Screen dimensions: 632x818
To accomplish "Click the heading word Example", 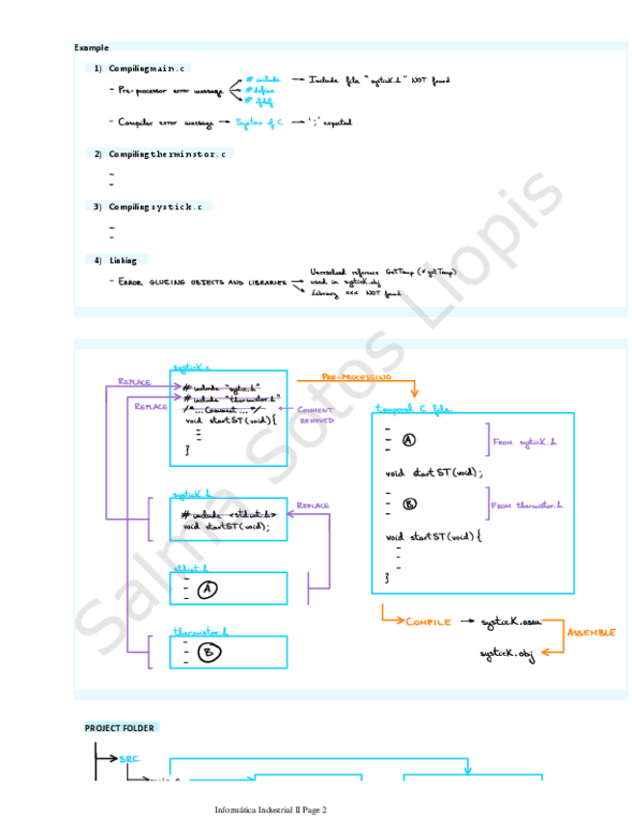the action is pyautogui.click(x=92, y=47).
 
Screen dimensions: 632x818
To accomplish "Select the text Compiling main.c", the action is pyautogui.click(x=149, y=68).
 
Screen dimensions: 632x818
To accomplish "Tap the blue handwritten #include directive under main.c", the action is pyautogui.click(x=263, y=79).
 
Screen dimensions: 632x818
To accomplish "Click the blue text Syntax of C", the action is pyautogui.click(x=261, y=123).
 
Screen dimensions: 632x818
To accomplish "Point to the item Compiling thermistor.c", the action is pyautogui.click(x=168, y=154).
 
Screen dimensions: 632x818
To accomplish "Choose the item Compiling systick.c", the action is pyautogui.click(x=155, y=206).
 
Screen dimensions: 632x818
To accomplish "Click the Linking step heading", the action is pyautogui.click(x=123, y=260).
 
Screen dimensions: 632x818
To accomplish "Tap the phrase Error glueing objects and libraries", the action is pyautogui.click(x=204, y=282).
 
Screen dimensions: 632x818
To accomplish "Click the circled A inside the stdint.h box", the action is pyautogui.click(x=206, y=589).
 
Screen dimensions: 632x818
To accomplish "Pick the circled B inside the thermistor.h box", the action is pyautogui.click(x=208, y=653).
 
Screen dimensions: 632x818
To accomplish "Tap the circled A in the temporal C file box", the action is pyautogui.click(x=408, y=441).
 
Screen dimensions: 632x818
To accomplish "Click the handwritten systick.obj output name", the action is pyautogui.click(x=507, y=654).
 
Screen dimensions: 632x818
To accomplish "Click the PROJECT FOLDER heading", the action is pyautogui.click(x=121, y=727).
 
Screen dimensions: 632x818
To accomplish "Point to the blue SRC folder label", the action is pyautogui.click(x=130, y=758).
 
